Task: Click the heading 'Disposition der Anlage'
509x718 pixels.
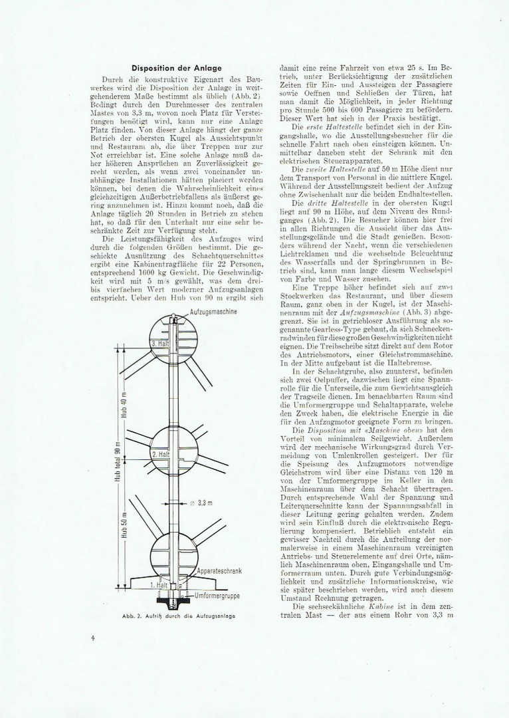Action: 176,67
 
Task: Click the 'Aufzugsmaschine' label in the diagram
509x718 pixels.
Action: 214,311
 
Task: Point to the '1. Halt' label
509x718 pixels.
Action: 158,585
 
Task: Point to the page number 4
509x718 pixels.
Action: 93,638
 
